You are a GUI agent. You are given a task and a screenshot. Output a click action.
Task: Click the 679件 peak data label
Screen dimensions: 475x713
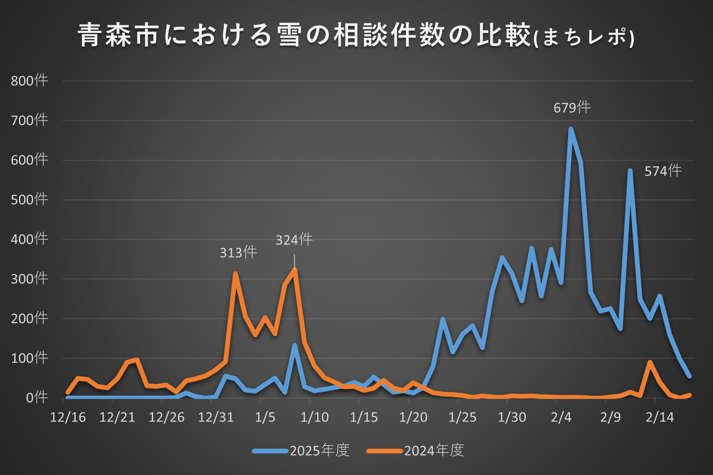pyautogui.click(x=572, y=108)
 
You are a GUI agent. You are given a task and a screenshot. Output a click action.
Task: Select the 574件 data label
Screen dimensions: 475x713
pyautogui.click(x=663, y=171)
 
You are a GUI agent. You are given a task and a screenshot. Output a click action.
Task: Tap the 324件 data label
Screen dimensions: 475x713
pyautogui.click(x=294, y=240)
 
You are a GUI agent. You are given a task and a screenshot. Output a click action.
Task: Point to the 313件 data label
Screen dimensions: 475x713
pyautogui.click(x=238, y=252)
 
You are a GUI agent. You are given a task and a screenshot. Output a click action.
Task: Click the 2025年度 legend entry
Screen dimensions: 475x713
pyautogui.click(x=301, y=451)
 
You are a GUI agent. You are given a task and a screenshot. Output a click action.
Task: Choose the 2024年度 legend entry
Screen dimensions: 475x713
pyautogui.click(x=416, y=451)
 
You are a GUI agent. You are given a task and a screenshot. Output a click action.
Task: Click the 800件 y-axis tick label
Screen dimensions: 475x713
pyautogui.click(x=29, y=80)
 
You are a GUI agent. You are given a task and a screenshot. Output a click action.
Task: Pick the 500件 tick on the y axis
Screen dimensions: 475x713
pyautogui.click(x=29, y=200)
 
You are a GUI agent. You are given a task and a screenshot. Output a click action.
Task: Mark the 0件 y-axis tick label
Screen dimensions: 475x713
pyautogui.click(x=37, y=397)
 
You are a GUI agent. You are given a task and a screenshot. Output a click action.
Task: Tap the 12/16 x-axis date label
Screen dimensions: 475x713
pyautogui.click(x=68, y=417)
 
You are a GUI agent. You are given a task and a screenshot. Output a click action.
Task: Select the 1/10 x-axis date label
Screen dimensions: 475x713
pyautogui.click(x=314, y=417)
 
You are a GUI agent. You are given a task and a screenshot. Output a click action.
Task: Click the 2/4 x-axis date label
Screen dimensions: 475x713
pyautogui.click(x=561, y=417)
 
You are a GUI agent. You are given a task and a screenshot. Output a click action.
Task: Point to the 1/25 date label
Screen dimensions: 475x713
pyautogui.click(x=462, y=417)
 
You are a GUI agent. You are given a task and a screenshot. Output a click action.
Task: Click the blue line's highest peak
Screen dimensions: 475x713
pyautogui.click(x=571, y=129)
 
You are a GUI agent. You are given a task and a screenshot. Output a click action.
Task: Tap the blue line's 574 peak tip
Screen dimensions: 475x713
pyautogui.click(x=630, y=171)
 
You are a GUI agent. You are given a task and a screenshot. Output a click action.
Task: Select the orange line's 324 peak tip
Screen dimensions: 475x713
pyautogui.click(x=295, y=270)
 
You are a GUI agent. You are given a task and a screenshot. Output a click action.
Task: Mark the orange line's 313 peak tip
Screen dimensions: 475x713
pyautogui.click(x=235, y=274)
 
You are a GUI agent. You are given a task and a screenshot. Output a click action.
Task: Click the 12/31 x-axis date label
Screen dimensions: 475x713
pyautogui.click(x=216, y=417)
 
